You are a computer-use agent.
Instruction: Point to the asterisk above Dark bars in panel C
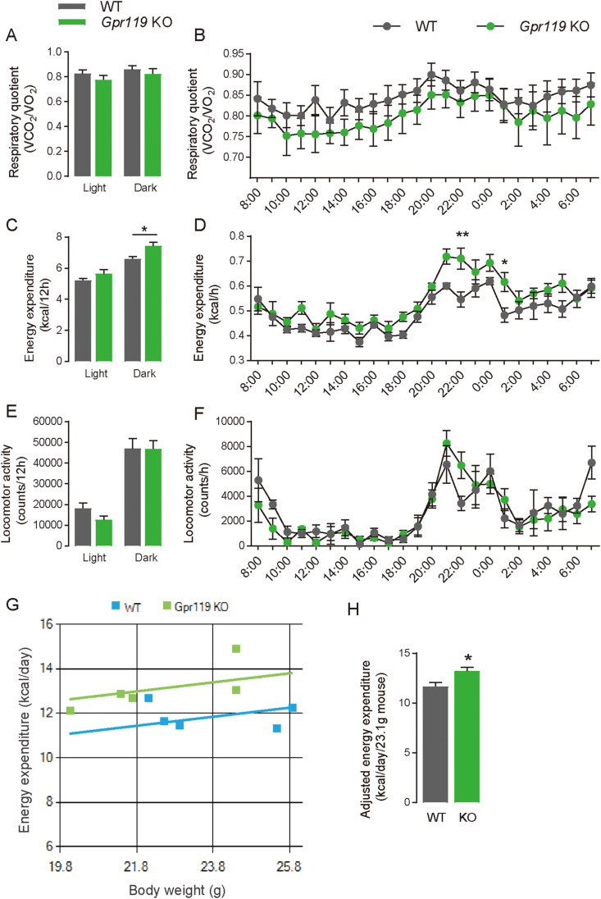(144, 229)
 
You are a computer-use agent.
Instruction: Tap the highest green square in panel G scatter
(236, 649)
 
